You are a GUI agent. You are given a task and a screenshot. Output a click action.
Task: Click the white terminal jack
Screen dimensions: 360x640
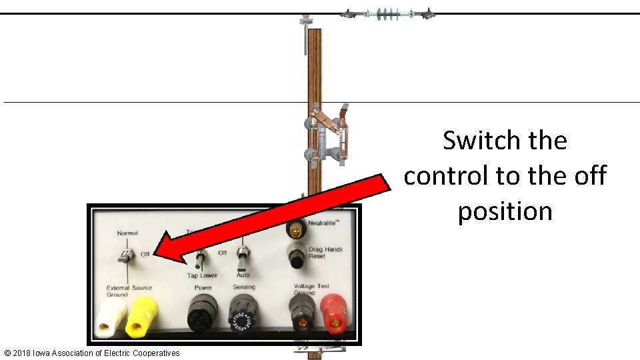coord(111,317)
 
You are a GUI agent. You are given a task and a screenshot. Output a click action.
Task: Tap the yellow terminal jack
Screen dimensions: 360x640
coord(141,317)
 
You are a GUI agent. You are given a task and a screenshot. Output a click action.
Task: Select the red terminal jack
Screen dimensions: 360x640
coord(333,315)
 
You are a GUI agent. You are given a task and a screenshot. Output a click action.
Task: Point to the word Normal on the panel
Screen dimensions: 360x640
coord(127,233)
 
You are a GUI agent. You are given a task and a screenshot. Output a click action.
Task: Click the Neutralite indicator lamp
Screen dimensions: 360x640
coord(295,229)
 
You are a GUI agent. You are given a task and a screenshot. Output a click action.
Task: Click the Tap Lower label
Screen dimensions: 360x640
coord(201,275)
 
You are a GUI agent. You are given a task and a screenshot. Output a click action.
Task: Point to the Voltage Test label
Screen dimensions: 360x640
coord(312,286)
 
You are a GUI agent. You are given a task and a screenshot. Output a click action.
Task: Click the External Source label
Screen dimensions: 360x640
coord(129,287)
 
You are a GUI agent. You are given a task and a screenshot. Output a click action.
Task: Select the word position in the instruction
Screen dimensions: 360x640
coord(505,211)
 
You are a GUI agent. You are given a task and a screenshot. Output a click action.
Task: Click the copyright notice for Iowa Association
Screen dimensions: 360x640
coord(92,353)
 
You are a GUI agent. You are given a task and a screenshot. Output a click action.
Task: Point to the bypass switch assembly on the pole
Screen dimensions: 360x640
coord(327,137)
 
